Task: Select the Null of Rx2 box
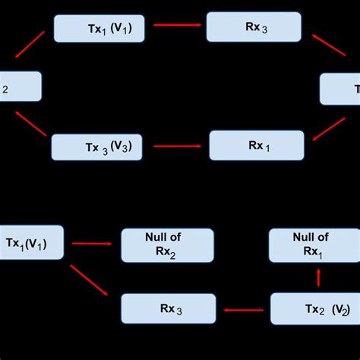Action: tap(167, 245)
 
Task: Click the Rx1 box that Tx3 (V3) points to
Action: tap(256, 145)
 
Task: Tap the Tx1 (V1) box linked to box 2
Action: tap(99, 28)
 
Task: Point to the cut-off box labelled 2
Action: tap(19, 87)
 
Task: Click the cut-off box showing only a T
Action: tap(341, 89)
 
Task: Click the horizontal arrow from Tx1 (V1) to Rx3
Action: tap(175, 25)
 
